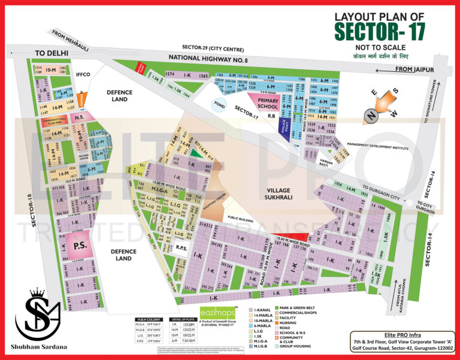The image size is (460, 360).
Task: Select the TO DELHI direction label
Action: point(52,53)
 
